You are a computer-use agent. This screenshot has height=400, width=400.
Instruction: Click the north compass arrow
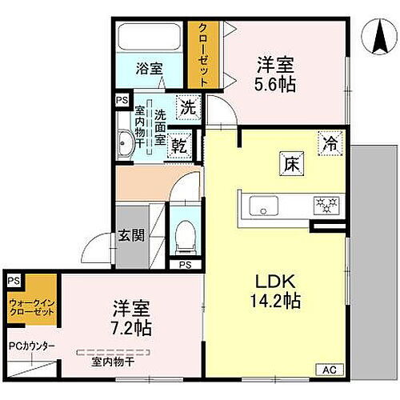click(376, 38)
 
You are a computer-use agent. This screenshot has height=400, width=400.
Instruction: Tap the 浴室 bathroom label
click(150, 69)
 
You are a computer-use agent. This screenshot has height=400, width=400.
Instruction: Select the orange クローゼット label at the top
click(204, 54)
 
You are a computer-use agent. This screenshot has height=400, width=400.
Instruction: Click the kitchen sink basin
click(262, 206)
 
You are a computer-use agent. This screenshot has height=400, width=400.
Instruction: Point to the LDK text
click(276, 282)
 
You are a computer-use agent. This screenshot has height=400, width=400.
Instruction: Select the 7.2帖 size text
click(131, 326)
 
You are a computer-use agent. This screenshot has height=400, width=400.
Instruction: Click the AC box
click(330, 369)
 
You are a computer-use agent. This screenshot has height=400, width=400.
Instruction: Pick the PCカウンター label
click(32, 346)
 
